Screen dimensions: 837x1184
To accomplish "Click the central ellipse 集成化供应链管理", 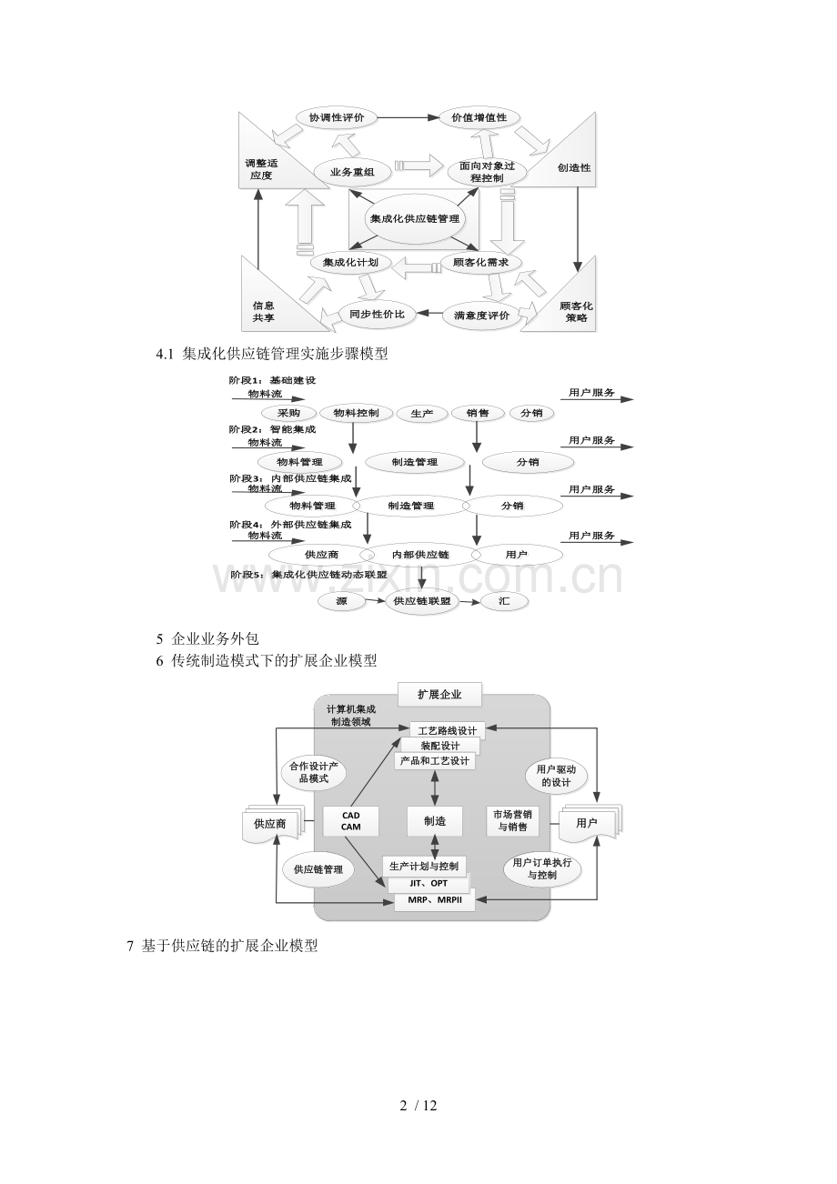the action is [415, 219].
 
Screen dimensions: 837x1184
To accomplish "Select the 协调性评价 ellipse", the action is [337, 117].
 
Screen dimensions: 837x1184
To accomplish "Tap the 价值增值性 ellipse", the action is [479, 117].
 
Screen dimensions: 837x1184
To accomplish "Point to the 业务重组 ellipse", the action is [352, 172].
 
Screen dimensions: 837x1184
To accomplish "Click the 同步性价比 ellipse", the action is [377, 314].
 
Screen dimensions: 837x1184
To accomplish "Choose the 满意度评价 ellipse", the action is [481, 316].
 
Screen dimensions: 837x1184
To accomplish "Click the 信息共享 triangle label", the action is [263, 312].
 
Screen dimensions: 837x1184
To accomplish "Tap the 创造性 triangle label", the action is [574, 167].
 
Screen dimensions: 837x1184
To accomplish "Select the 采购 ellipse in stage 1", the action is [288, 414].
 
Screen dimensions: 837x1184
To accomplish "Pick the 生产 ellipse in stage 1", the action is [421, 414].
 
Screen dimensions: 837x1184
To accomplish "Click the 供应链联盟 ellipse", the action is [422, 601].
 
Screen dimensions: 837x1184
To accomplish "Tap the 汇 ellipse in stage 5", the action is [504, 601].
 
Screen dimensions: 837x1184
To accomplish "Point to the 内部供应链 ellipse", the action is [421, 555].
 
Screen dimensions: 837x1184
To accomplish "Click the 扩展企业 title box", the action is [439, 695].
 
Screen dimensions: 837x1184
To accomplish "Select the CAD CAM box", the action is [350, 821].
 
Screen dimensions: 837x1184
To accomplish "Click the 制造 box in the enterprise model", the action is [435, 821].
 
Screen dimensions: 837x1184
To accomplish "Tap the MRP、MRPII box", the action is [435, 899].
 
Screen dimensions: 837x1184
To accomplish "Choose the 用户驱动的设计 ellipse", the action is [556, 776].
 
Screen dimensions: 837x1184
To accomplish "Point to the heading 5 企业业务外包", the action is [207, 638].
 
